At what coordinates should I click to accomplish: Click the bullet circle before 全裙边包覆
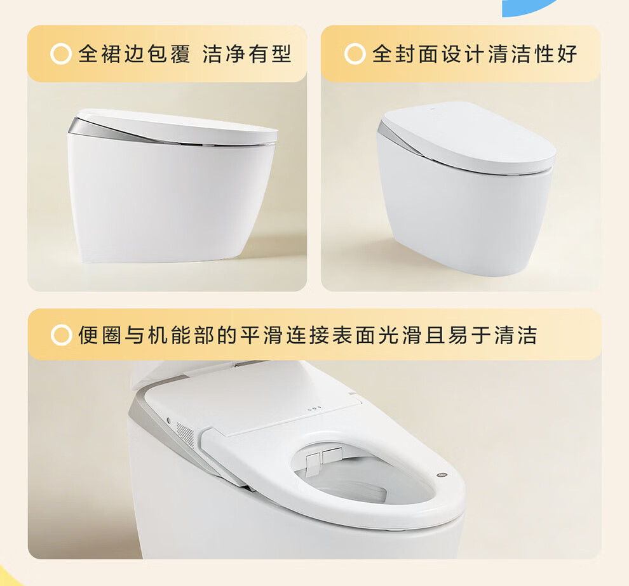pos(61,54)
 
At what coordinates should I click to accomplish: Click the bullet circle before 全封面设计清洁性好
pos(355,54)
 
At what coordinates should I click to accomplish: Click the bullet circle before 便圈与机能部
pos(62,335)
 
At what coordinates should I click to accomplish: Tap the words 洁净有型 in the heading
pos(247,54)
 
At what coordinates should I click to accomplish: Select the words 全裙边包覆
pos(134,54)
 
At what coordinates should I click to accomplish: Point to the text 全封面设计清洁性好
pos(475,54)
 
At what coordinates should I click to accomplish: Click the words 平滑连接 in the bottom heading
pos(286,335)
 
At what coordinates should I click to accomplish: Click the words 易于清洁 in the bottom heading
pos(492,335)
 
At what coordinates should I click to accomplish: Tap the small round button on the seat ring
pos(442,476)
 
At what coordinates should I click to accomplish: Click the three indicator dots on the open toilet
pos(314,410)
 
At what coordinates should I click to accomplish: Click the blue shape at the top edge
pos(529,7)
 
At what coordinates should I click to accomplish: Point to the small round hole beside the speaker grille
pos(169,421)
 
